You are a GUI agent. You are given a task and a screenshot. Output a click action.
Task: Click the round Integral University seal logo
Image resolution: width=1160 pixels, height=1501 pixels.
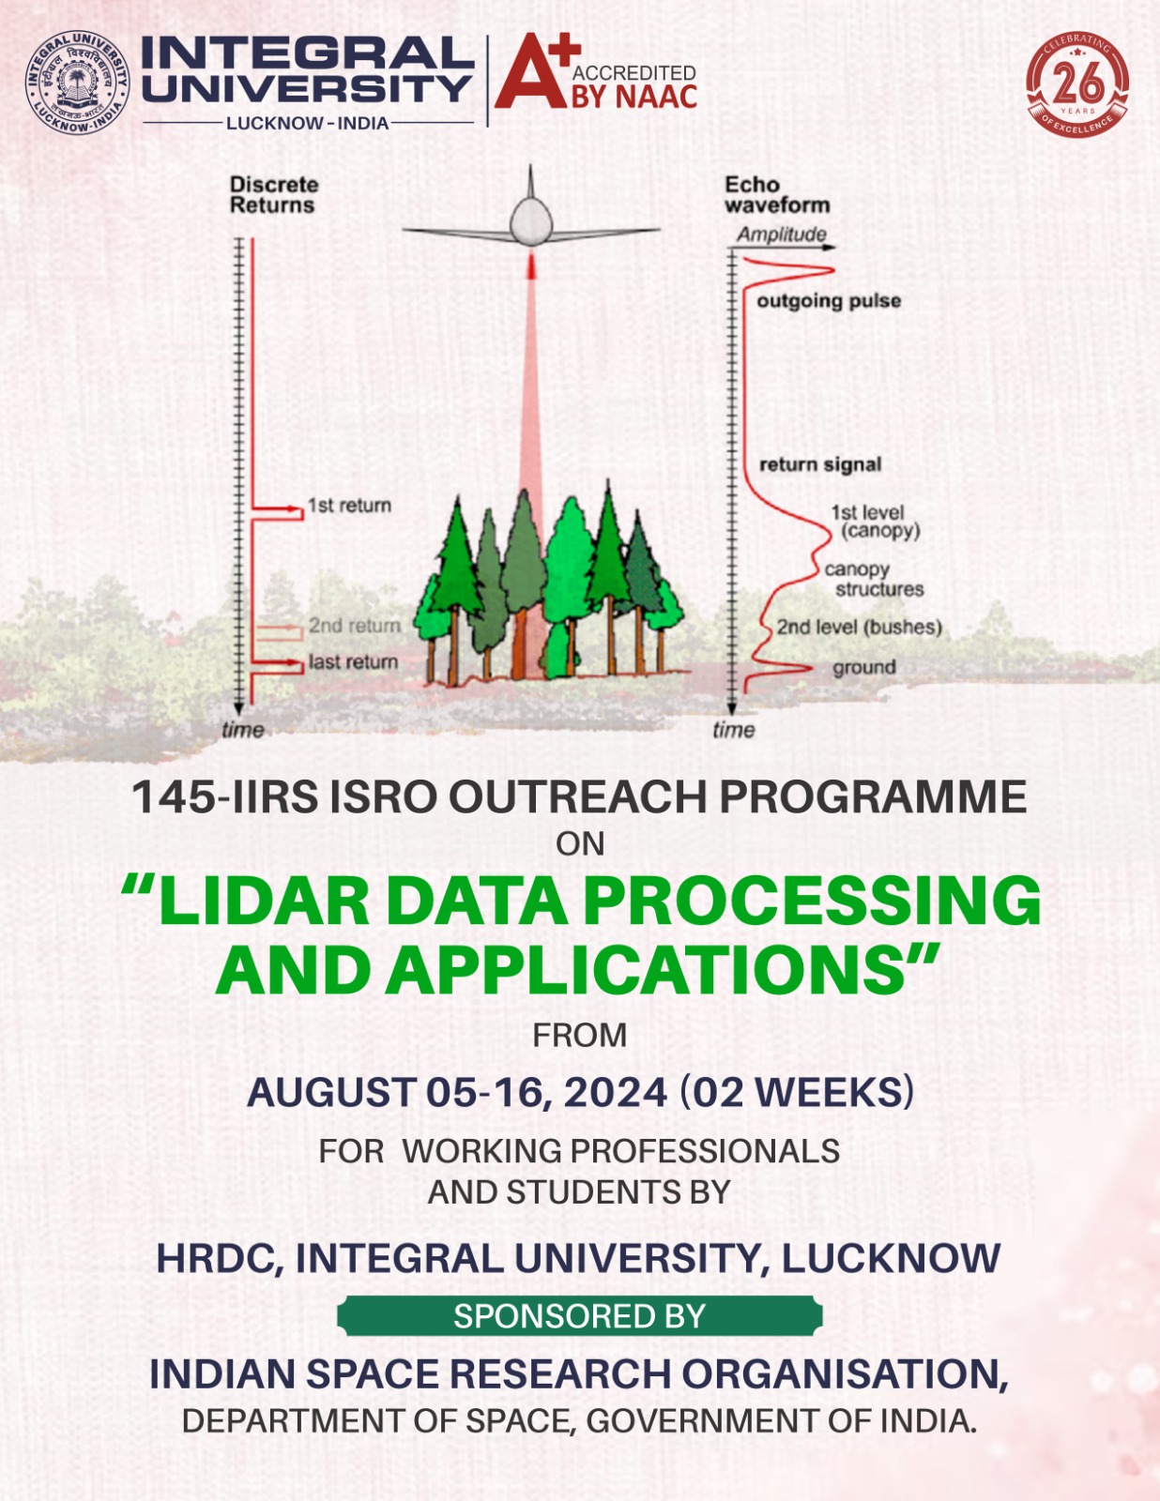point(78,83)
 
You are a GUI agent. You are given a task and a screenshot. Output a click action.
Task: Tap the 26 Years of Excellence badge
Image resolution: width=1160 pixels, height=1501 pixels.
point(1077,83)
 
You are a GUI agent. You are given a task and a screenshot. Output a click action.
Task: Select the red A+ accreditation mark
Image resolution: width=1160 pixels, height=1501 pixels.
point(538,71)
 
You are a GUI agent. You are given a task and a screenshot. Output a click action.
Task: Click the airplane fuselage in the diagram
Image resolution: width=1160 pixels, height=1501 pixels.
point(530,221)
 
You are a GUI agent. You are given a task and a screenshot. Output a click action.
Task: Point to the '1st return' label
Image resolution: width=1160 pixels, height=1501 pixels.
point(349,506)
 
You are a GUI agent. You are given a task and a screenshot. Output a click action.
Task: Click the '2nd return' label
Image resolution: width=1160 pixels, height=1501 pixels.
point(355,626)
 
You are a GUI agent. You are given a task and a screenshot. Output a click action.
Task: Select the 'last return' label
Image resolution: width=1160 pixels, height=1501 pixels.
point(353,661)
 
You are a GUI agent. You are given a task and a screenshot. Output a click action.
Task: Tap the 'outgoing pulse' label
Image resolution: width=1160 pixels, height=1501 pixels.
point(829,301)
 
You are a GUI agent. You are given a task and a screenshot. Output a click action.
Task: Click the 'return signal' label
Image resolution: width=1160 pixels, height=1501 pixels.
point(820,464)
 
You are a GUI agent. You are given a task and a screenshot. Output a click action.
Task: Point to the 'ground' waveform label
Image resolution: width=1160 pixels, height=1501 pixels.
point(863,668)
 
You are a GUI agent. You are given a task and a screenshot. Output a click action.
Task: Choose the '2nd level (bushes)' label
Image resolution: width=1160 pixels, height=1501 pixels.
point(860,628)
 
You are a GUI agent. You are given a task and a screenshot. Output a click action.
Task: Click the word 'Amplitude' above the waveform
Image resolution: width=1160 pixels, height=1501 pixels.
point(782,235)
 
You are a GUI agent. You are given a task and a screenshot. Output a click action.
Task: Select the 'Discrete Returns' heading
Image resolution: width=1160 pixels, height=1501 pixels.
point(274,195)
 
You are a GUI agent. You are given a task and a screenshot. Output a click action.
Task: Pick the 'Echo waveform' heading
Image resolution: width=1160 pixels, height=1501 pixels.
point(776,195)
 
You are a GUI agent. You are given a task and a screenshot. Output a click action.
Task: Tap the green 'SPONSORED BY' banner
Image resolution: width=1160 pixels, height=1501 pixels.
point(580,1316)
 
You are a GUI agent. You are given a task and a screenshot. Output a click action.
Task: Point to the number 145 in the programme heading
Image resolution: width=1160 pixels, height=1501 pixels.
point(174,796)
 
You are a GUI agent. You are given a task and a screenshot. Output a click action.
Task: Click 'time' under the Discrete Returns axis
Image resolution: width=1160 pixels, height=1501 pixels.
point(243,730)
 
